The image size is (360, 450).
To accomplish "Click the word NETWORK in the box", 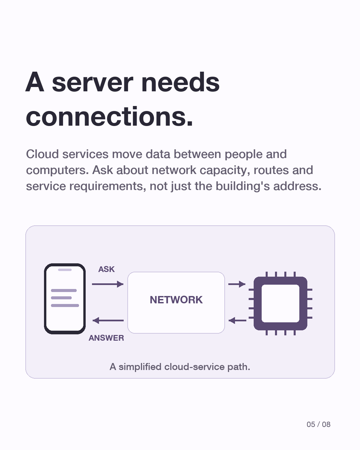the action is coord(176,300).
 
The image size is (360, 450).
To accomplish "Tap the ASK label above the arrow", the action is coord(106,269).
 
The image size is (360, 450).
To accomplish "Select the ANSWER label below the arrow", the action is coord(106,338).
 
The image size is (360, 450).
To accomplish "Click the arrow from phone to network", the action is coord(108,284).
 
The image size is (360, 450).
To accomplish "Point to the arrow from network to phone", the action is coord(108,320).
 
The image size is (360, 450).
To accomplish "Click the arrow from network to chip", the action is coord(237,284).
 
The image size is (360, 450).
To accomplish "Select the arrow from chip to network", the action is coord(237,320).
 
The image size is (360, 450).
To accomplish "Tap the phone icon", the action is coord(65,299).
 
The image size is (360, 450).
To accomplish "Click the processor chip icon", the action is coord(281,303).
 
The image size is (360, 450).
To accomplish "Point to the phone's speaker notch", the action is coord(65,270).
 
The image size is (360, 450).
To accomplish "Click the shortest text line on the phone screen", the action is coord(61,298).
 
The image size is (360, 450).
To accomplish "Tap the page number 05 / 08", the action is coord(318,424).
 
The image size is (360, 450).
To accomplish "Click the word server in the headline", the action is coord(92,82).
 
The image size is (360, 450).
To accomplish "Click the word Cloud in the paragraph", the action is coord(42,154).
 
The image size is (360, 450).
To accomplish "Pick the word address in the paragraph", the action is coord(297,186).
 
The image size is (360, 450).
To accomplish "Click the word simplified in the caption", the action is coord(140,367).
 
